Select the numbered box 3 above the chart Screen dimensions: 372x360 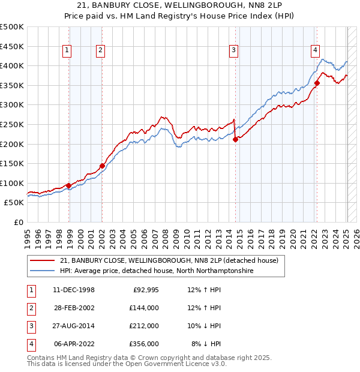[233, 51]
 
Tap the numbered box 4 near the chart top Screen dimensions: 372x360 [315, 51]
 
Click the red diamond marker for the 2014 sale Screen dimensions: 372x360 [235, 140]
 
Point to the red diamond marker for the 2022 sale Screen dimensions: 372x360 [317, 83]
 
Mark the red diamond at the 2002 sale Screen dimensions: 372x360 [102, 166]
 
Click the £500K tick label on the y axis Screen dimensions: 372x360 [12, 27]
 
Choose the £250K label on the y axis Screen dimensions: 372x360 [12, 124]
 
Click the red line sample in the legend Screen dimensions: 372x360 [43, 261]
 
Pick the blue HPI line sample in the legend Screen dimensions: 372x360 [43, 271]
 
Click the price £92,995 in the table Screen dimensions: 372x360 [145, 290]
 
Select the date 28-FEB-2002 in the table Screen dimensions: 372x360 [74, 308]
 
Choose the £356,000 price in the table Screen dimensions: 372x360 [145, 344]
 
